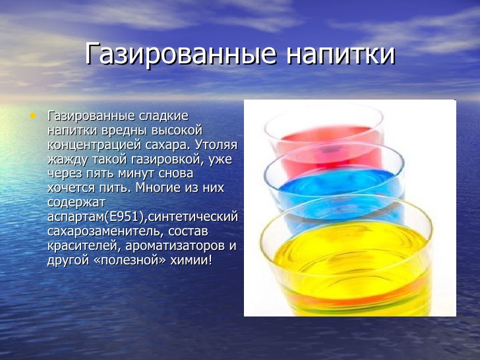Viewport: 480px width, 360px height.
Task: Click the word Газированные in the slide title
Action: point(181,54)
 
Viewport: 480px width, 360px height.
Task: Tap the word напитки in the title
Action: point(341,54)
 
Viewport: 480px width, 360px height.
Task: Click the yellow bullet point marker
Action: point(33,116)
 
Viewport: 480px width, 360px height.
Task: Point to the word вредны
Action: point(126,131)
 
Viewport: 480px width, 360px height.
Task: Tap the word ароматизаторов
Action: point(173,246)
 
